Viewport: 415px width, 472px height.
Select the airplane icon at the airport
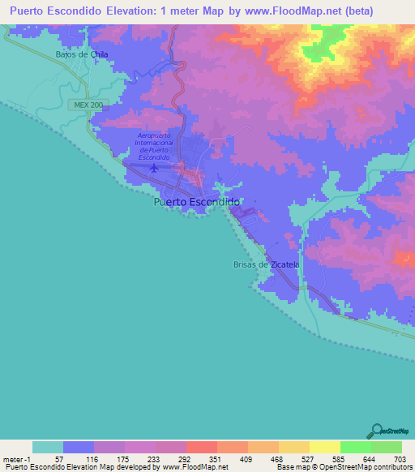[x=154, y=169]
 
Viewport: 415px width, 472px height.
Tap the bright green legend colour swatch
[x=355, y=447]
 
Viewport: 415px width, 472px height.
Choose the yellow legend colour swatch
[x=324, y=447]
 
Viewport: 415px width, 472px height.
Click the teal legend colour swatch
[x=48, y=447]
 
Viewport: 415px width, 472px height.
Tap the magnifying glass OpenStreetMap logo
[x=377, y=431]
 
